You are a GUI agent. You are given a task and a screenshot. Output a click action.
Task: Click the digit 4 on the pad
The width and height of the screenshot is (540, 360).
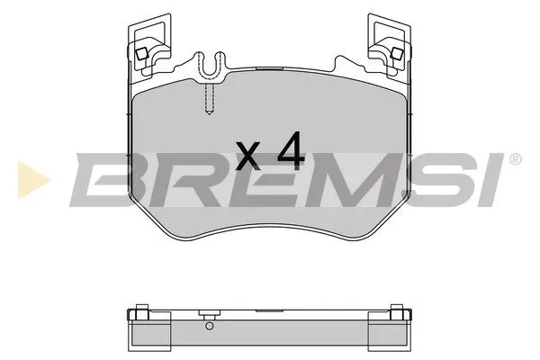click(x=290, y=154)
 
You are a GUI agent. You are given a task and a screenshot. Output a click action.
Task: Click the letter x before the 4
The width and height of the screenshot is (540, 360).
click(x=247, y=158)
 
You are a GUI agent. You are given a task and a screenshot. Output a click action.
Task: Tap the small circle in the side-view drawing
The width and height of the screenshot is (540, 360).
click(x=208, y=327)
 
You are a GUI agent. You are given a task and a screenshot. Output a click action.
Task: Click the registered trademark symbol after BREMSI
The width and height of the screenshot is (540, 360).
click(x=515, y=160)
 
